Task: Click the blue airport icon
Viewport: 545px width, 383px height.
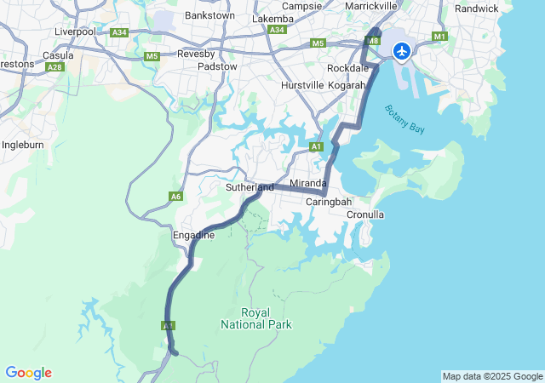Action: click(x=401, y=51)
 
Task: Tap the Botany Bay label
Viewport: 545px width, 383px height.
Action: click(x=404, y=117)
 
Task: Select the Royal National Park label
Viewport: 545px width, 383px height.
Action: click(x=255, y=318)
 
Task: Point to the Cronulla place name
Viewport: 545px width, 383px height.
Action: click(x=365, y=214)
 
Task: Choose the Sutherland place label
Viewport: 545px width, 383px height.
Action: click(x=250, y=187)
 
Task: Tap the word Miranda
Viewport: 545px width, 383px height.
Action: click(x=307, y=184)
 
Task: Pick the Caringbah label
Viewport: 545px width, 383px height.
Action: click(x=329, y=202)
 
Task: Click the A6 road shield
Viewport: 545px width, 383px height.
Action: click(x=175, y=197)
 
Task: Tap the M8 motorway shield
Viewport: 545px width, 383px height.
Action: click(x=372, y=41)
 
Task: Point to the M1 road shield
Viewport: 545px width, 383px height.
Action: click(x=439, y=37)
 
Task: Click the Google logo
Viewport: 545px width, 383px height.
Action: click(x=28, y=373)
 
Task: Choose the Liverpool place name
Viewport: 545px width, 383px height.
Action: click(x=76, y=31)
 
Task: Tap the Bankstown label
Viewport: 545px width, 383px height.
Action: click(x=209, y=15)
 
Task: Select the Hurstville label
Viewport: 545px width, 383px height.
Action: click(x=302, y=85)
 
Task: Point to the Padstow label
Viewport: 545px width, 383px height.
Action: click(x=217, y=66)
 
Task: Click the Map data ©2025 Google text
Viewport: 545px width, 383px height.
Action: click(x=492, y=376)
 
